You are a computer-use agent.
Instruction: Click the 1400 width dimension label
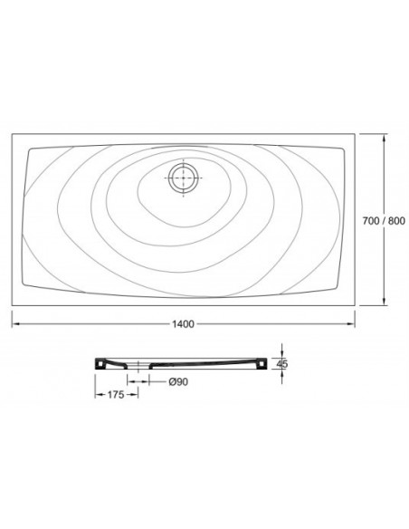184,324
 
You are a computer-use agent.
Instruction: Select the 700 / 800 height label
384,221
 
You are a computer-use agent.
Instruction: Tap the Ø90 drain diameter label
178,381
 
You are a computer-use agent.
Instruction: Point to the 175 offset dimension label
116,394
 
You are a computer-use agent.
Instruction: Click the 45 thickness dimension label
282,364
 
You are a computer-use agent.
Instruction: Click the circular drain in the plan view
184,178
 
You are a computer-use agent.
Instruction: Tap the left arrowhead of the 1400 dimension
15,324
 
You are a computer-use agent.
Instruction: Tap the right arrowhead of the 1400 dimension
351,324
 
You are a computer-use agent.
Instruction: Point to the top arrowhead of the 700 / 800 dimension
384,138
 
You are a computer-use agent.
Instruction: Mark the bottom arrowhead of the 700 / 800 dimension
384,302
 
